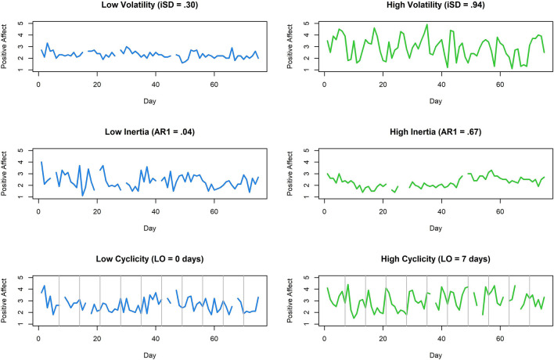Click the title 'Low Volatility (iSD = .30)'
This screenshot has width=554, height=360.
coord(149,6)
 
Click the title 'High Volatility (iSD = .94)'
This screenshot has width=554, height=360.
coord(434,6)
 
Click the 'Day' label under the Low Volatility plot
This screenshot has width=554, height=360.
coord(149,102)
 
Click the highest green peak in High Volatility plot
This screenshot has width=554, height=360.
coord(426,24)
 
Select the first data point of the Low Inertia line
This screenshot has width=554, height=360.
coord(41,162)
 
